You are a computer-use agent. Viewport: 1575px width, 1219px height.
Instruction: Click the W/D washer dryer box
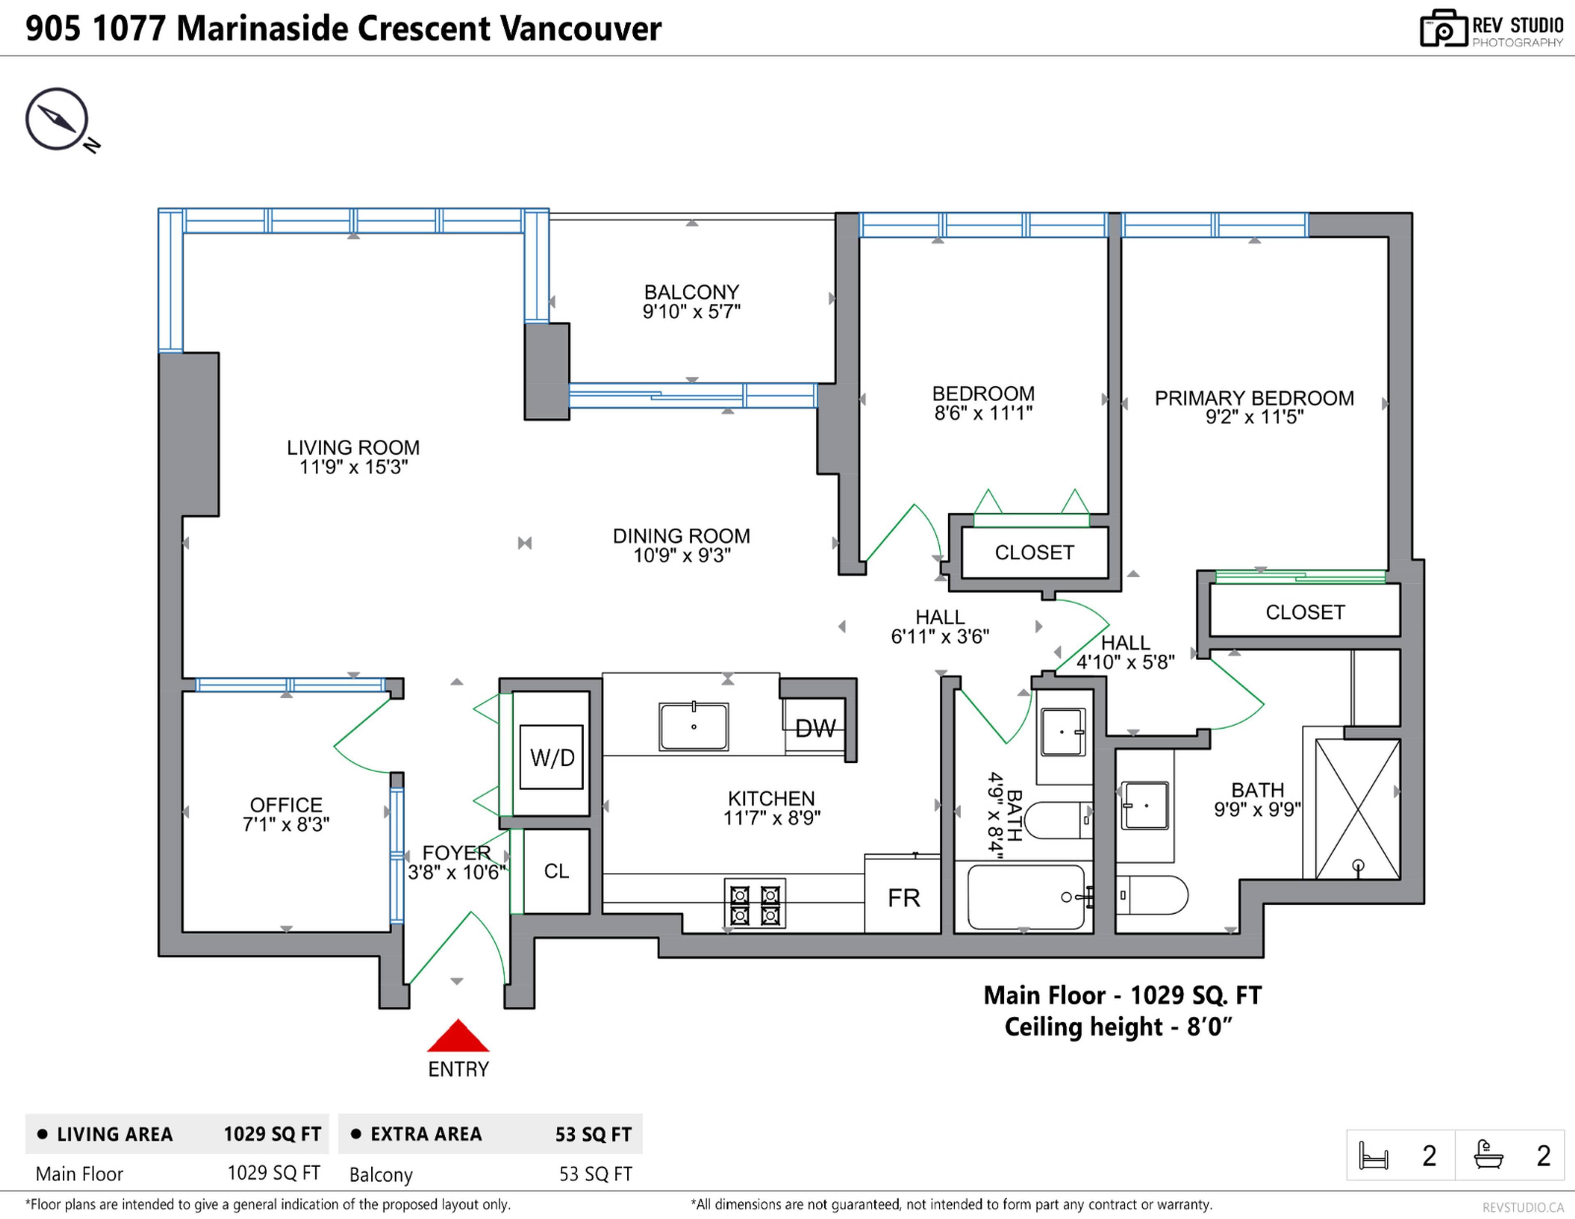[x=552, y=757]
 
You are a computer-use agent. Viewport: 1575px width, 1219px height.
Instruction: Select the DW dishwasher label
[x=815, y=729]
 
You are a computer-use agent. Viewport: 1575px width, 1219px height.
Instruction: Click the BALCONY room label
[x=691, y=292]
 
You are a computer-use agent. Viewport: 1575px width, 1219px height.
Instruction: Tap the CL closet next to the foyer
[x=556, y=871]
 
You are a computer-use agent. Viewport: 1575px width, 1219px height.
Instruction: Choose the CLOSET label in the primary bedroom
[x=1305, y=613]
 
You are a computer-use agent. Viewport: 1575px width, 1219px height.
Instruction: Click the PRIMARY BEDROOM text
[x=1254, y=398]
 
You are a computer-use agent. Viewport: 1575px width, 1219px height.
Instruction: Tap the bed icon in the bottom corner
[x=1373, y=1155]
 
